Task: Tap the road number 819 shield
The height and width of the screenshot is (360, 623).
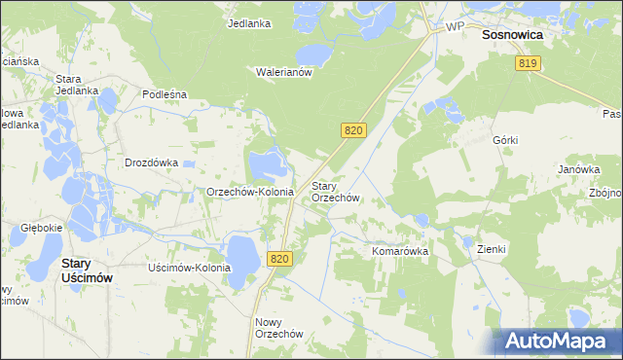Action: pyautogui.click(x=528, y=63)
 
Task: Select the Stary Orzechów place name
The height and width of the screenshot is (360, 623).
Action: pyautogui.click(x=336, y=192)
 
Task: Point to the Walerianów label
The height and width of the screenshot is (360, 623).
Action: pyautogui.click(x=282, y=71)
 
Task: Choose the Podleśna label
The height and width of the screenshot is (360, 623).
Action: pyautogui.click(x=164, y=94)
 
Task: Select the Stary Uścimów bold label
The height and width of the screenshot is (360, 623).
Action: pyautogui.click(x=88, y=270)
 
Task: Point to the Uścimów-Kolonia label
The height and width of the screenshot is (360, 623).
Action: pyautogui.click(x=189, y=268)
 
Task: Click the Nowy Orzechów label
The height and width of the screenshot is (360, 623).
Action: pyautogui.click(x=279, y=327)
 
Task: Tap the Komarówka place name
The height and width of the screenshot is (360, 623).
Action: pyautogui.click(x=400, y=250)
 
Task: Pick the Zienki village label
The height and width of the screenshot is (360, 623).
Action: pyautogui.click(x=492, y=249)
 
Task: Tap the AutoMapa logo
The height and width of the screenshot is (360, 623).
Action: pyautogui.click(x=552, y=341)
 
